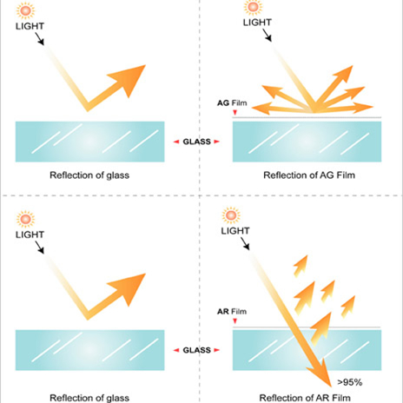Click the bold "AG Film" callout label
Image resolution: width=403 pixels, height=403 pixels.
(x=232, y=102)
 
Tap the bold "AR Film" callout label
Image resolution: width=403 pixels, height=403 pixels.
(x=232, y=312)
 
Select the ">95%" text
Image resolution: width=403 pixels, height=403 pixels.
(x=350, y=382)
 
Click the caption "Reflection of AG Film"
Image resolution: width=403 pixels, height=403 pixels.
(x=309, y=175)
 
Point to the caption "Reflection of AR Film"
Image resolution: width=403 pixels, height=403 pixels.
(x=305, y=398)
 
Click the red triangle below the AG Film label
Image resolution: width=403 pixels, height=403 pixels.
(x=235, y=112)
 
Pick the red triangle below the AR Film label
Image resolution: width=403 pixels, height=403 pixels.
(x=235, y=320)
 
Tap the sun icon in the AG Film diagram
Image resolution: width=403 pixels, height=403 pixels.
(x=253, y=7)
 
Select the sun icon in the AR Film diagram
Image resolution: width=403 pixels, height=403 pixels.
(x=231, y=215)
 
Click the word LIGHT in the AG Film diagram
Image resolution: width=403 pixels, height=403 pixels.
(x=257, y=23)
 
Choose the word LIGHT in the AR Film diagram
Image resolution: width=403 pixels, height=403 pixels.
(x=235, y=231)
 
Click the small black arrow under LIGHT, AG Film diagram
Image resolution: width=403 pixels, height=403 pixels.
(x=267, y=35)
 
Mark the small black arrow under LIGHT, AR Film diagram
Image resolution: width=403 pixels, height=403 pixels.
(x=245, y=243)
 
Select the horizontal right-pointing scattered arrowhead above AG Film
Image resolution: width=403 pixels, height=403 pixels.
(x=363, y=108)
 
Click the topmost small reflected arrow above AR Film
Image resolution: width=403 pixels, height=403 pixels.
(x=301, y=266)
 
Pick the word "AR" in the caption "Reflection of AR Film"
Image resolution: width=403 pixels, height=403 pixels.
(x=324, y=398)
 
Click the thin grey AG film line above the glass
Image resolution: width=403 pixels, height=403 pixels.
(x=307, y=117)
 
